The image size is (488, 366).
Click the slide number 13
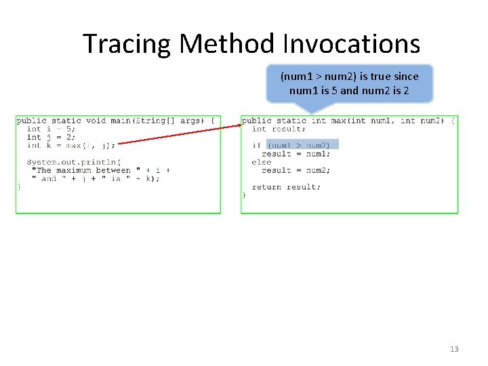[454, 349]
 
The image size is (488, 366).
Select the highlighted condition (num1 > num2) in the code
[302, 145]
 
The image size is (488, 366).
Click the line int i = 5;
[52, 129]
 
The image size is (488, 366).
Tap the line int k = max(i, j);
[70, 145]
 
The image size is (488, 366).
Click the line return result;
[286, 187]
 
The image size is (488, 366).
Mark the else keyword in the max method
[261, 162]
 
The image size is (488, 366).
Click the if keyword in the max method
[256, 145]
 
